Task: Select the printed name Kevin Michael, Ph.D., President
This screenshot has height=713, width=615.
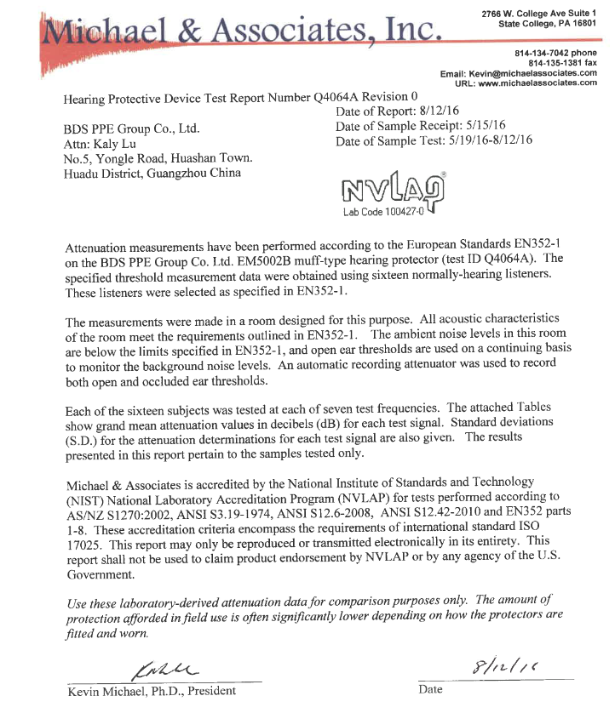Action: pyautogui.click(x=152, y=690)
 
